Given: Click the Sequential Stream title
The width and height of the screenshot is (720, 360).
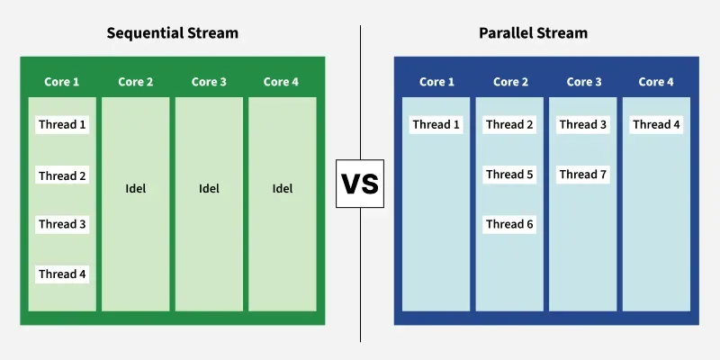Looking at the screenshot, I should pos(173,33).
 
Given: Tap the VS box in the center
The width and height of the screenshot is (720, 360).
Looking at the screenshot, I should pos(360,184).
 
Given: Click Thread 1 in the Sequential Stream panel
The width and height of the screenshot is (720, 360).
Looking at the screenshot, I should pos(62,125).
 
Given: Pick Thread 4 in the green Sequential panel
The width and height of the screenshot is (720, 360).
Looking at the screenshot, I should pos(62,274).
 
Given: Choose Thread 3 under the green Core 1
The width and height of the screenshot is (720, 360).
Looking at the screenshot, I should pos(62,224).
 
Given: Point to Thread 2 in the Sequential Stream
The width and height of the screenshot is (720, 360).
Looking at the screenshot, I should pos(62,175).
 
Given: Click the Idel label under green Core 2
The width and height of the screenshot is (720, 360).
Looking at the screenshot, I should pos(135,189).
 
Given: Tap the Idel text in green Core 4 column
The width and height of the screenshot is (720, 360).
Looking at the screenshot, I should pos(282,189).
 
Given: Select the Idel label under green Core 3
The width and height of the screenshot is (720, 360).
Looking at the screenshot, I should pos(209,189).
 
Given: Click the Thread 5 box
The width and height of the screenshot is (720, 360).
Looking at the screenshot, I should pos(509,175).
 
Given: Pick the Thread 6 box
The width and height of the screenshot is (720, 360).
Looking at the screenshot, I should pos(509,224).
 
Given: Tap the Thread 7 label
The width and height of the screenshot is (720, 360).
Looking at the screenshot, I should pos(583,175).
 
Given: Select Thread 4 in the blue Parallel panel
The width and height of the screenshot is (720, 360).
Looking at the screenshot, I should pos(656,125).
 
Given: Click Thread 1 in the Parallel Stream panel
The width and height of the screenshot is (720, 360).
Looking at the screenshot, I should pos(436,125).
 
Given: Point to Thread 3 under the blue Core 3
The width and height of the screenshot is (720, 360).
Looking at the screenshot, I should pos(583,125).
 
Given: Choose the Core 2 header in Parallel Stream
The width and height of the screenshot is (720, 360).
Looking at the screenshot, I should pos(510,82).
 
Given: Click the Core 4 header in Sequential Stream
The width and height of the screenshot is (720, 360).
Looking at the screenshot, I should pos(282,82).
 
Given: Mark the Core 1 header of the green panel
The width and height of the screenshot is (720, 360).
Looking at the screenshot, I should pos(62,82).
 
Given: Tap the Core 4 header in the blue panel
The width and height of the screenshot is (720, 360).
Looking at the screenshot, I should pos(656,82).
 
